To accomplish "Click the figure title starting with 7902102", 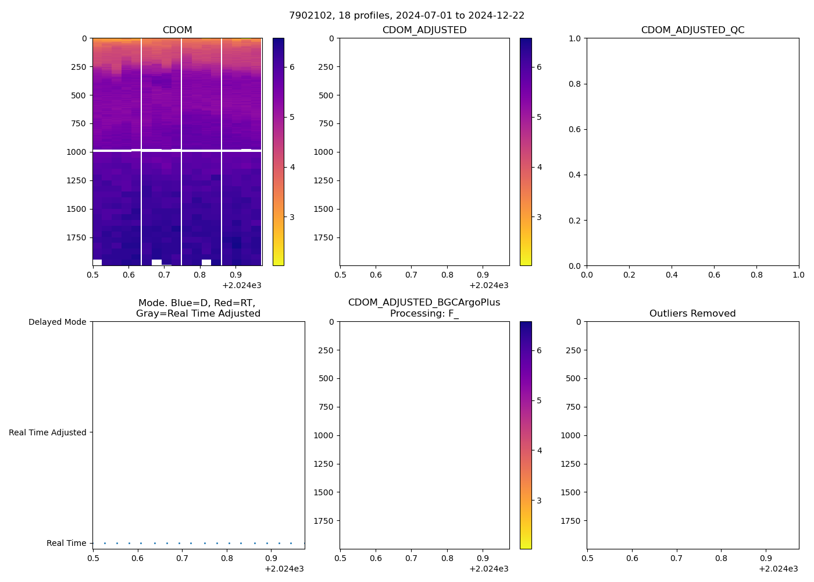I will point(406,16).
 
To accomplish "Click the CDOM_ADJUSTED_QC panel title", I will point(692,30).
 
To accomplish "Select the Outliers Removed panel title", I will point(692,314).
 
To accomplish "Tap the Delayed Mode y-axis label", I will point(57,322).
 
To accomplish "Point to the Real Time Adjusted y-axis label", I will point(48,432).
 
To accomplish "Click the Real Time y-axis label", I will point(66,543).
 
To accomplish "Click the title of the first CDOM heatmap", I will point(177,30).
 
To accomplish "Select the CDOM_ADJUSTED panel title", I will point(424,30).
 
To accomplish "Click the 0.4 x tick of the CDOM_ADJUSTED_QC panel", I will point(672,274).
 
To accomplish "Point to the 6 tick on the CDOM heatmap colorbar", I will point(292,67).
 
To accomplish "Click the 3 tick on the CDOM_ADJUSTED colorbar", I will point(539,217).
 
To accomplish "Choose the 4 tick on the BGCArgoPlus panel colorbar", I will point(539,450).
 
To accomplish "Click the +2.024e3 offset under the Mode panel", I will point(284,569).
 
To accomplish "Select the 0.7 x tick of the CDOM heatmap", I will point(165,274).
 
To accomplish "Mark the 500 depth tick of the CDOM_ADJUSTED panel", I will point(326,95).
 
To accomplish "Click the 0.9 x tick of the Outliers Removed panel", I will point(766,558).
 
